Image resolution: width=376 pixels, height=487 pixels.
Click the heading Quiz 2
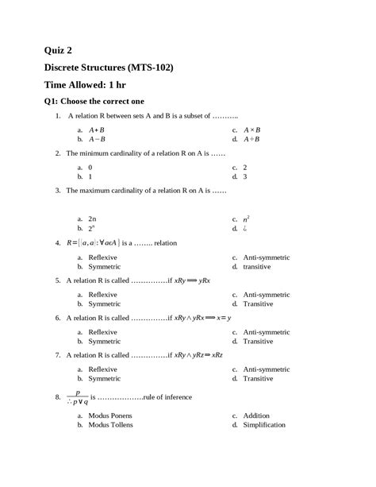point(61,50)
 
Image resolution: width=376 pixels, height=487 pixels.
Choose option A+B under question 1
point(97,129)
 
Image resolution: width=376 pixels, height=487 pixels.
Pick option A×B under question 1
point(252,129)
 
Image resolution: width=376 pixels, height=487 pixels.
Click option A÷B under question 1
point(252,138)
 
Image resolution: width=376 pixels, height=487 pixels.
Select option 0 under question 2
point(90,168)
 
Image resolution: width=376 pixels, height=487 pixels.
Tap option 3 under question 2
point(245,176)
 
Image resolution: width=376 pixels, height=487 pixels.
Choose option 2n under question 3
point(92,218)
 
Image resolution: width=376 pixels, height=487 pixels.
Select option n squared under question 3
point(247,217)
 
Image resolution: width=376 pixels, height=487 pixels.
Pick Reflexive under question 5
point(103,295)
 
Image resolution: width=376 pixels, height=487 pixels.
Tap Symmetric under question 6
point(104,342)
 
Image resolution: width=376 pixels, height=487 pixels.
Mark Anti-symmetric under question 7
point(267,369)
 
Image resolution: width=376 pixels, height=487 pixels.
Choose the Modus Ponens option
point(110,415)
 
